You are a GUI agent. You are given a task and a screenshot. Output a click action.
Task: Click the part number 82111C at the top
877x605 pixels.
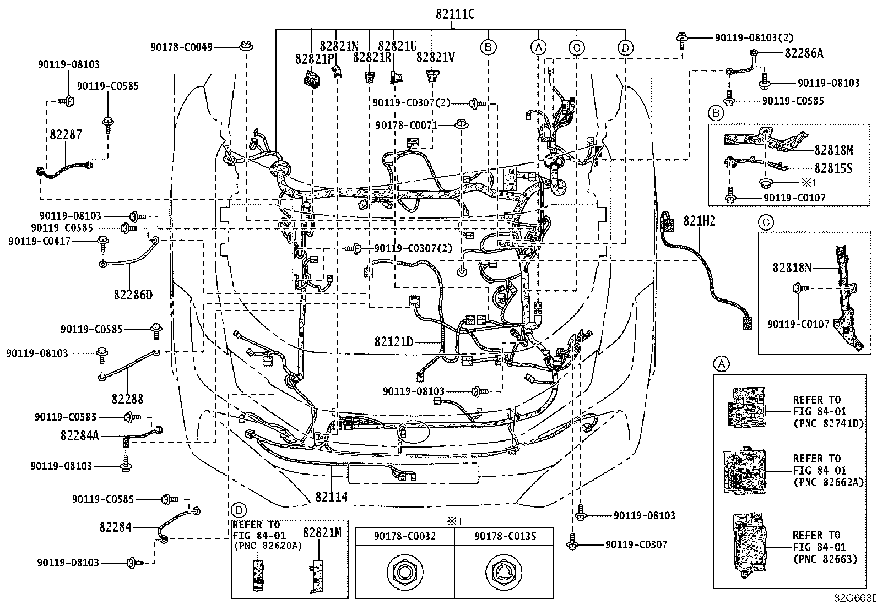[x=455, y=14]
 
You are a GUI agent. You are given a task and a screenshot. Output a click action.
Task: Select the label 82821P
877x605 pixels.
[x=315, y=59]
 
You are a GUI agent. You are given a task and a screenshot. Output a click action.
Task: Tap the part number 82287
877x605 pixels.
[x=66, y=135]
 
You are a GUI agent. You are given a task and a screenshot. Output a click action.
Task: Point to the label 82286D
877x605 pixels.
[x=133, y=295]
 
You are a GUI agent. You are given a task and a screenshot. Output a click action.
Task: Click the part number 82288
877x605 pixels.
[x=128, y=399]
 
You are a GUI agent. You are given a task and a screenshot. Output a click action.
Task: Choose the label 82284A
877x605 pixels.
[x=80, y=435]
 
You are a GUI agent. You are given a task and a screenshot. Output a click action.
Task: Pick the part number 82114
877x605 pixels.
[x=331, y=497]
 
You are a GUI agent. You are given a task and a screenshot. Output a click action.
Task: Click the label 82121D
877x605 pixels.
[x=394, y=342]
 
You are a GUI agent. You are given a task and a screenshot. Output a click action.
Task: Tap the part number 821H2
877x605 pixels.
[x=699, y=221]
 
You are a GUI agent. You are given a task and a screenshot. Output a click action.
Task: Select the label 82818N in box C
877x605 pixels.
[x=792, y=268]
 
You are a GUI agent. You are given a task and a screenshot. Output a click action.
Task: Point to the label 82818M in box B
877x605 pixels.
[x=834, y=150]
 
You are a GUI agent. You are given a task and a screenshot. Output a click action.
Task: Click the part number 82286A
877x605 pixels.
[x=804, y=53]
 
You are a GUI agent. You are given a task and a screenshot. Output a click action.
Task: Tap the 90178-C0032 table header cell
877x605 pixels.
[x=405, y=536]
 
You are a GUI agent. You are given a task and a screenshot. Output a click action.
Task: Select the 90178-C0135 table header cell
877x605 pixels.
[x=504, y=536]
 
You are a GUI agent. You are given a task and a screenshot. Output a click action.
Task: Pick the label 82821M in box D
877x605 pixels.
[x=322, y=532]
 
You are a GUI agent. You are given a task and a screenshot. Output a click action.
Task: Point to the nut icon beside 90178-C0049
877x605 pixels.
[x=246, y=46]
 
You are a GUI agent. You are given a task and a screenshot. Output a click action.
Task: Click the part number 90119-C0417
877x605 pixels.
[x=39, y=241]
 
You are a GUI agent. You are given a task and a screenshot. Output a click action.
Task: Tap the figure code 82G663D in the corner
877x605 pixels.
[x=855, y=598]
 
